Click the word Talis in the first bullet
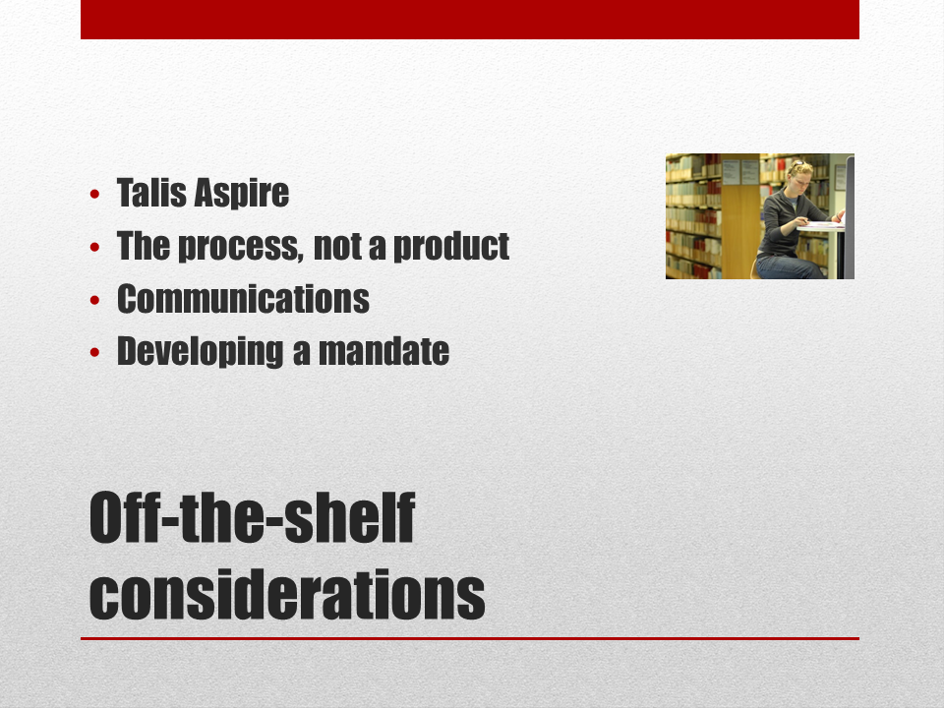(x=151, y=193)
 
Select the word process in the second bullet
(x=241, y=246)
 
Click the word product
(x=451, y=246)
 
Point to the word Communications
(x=243, y=299)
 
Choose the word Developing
(x=200, y=352)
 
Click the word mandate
(x=383, y=352)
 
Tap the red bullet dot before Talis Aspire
(x=94, y=194)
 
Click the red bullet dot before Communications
(x=94, y=300)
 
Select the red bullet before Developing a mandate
(x=94, y=352)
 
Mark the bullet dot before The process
(x=94, y=247)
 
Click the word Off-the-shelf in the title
(x=253, y=517)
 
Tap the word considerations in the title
(x=287, y=594)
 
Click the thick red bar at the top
(x=470, y=20)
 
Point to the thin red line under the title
(x=470, y=638)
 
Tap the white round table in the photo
(x=821, y=226)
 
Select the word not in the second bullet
(x=337, y=246)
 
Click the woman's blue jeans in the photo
(x=790, y=266)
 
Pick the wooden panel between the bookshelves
(x=740, y=229)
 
